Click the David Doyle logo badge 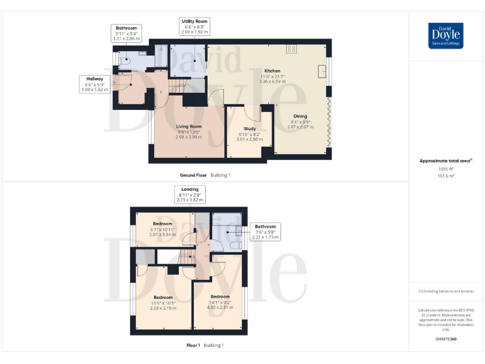(446, 35)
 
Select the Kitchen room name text (272, 71)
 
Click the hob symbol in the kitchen (292, 49)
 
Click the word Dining (299, 116)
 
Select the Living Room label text (188, 126)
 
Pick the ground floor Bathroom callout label (125, 33)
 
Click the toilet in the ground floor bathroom (123, 62)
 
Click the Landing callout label (189, 194)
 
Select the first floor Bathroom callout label (265, 231)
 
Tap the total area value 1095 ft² (446, 169)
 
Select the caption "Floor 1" (193, 345)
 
